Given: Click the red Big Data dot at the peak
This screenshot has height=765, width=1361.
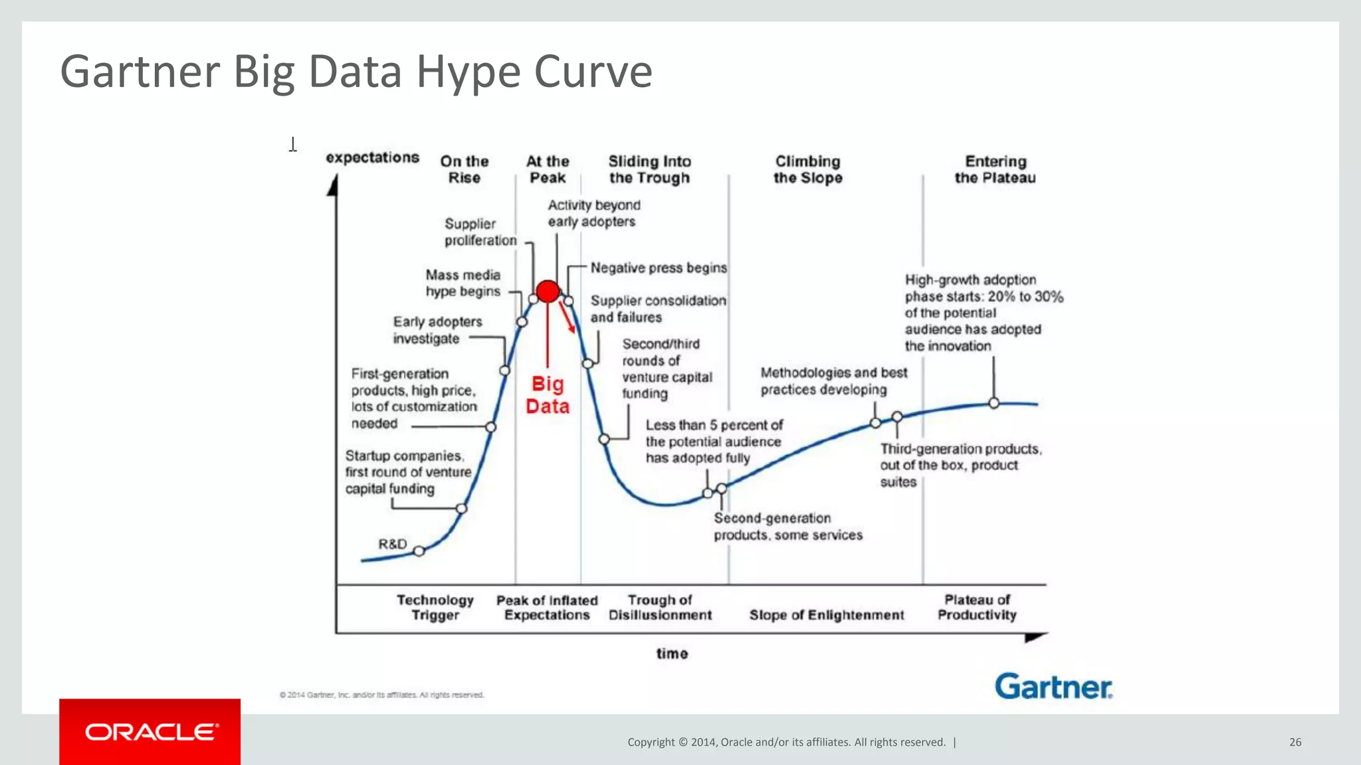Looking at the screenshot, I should (548, 291).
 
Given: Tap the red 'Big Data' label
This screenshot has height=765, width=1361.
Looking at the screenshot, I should (548, 395).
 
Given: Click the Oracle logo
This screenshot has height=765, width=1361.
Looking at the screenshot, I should (150, 732).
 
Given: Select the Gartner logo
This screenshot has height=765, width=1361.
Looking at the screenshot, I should (1053, 687).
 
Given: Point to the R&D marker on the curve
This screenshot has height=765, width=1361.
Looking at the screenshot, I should (419, 551).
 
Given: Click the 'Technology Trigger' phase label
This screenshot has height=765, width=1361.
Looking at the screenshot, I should (435, 608).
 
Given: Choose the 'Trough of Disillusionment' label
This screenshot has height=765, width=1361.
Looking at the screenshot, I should (660, 608).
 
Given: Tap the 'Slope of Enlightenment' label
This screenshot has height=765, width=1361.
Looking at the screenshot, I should (827, 615).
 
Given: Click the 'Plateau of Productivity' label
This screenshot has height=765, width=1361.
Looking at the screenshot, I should (977, 608).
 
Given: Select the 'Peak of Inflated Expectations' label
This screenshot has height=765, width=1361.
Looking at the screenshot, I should (547, 608).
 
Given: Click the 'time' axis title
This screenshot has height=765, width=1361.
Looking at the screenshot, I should (672, 653).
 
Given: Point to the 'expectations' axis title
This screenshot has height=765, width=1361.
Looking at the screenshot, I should (372, 157).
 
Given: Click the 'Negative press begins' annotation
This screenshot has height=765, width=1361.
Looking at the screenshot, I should (659, 268).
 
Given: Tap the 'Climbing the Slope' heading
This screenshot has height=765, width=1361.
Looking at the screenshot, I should (807, 169).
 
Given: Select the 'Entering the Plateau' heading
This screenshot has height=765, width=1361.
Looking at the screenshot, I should (995, 169).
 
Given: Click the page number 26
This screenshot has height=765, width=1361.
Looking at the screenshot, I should (1295, 742).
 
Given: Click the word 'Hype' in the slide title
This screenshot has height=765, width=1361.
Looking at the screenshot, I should (469, 72).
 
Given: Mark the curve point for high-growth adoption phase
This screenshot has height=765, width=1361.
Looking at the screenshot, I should (994, 403).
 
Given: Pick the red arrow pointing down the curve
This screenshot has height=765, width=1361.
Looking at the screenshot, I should (568, 317).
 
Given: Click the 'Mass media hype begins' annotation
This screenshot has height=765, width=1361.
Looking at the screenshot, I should (463, 283).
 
